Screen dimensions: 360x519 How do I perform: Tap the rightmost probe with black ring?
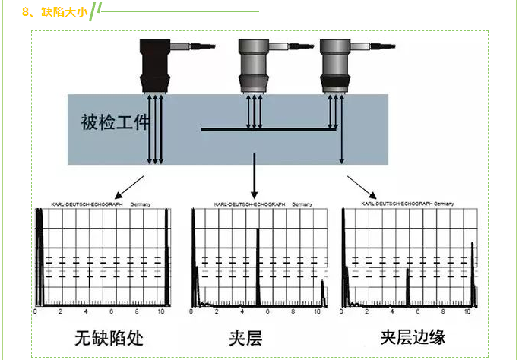pyautogui.click(x=334, y=68)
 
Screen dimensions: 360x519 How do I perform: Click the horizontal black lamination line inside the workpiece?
pyautogui.click(x=270, y=130)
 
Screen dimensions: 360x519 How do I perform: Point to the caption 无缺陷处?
pyautogui.click(x=109, y=336)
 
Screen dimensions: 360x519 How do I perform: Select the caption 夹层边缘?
pyautogui.click(x=413, y=337)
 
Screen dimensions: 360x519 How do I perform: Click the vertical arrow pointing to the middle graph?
pyautogui.click(x=254, y=175)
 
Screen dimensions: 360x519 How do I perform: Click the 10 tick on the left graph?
pyautogui.click(x=160, y=312)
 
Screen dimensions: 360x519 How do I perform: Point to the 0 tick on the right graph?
pyautogui.click(x=343, y=312)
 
